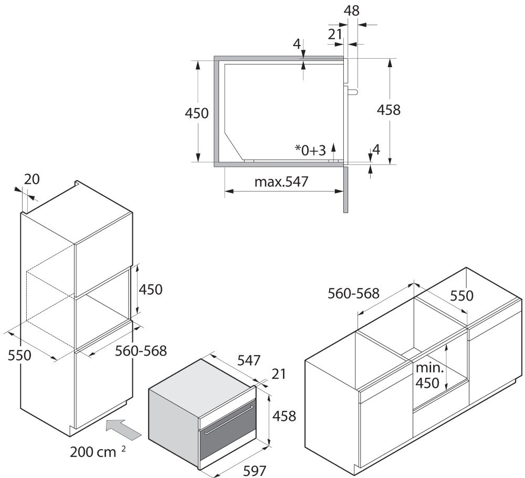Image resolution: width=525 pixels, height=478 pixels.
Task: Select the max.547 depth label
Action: coord(281,182)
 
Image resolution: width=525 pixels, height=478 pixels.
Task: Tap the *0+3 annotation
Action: coord(310,151)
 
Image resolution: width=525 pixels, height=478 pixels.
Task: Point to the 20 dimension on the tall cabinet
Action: coord(32,179)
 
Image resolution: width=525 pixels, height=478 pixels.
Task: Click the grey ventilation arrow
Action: coord(124,428)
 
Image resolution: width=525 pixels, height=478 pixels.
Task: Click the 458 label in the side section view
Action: coord(389,110)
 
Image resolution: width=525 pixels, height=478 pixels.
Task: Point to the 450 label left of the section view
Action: coord(197,113)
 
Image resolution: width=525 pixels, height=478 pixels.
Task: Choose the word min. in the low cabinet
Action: coord(429,368)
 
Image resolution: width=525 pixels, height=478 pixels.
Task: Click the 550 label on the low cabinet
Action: coord(461,296)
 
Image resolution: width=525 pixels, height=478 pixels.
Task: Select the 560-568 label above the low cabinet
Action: coord(353,293)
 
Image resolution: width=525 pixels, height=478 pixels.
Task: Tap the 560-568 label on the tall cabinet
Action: coord(140,350)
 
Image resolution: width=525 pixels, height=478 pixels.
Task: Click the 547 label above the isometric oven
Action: coord(248,360)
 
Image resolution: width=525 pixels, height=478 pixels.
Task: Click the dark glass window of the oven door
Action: coord(226,443)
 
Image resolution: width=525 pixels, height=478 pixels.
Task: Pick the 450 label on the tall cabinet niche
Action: coord(151,289)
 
